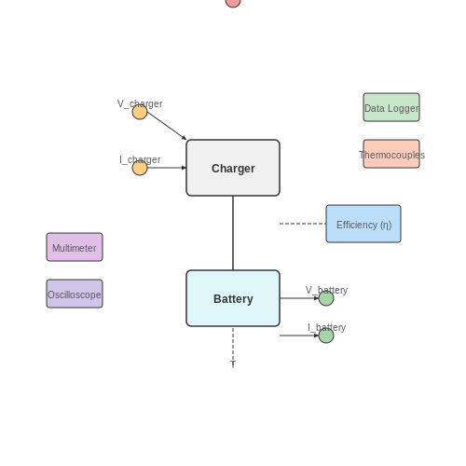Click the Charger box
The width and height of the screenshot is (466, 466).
[233, 168]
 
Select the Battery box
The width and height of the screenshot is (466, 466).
[233, 298]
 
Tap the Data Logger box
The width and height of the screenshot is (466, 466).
[391, 107]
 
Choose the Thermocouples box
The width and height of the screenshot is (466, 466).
[391, 154]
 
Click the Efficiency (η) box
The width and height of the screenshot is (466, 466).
[363, 224]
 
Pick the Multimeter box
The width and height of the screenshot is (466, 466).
[75, 247]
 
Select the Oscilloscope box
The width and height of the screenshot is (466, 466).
[75, 294]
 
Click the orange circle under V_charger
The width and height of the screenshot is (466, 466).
[140, 112]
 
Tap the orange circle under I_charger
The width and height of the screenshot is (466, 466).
[140, 168]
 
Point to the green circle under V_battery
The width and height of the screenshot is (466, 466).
[326, 298]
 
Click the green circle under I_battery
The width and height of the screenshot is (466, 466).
[326, 336]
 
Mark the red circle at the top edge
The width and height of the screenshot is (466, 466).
[233, 2]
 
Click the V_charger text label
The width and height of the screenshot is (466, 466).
[140, 103]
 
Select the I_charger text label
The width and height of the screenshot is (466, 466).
[140, 159]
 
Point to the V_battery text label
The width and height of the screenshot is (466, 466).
[326, 290]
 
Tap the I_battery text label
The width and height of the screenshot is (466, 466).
[326, 327]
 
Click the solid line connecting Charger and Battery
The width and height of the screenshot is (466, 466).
[233, 233]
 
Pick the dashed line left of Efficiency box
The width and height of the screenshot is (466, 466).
[303, 224]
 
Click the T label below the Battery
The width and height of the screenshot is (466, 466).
[233, 363]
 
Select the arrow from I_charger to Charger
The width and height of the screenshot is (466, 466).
[167, 168]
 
